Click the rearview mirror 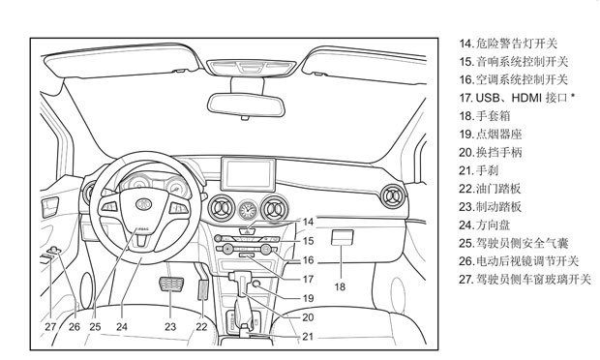[246, 105]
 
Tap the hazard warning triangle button [248, 231]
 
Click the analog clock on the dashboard [248, 210]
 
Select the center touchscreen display [249, 174]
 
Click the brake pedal [171, 285]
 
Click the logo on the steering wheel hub [144, 203]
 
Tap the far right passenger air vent [392, 196]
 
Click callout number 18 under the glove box [340, 286]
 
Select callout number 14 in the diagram [308, 222]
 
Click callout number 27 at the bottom [50, 327]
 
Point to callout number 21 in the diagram [308, 336]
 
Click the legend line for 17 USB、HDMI [517, 98]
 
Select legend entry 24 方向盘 [485, 225]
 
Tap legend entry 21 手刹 [479, 170]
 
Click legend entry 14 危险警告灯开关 [508, 44]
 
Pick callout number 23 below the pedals [170, 327]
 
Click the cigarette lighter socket [256, 284]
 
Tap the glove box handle [342, 237]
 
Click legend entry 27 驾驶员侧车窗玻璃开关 [525, 280]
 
